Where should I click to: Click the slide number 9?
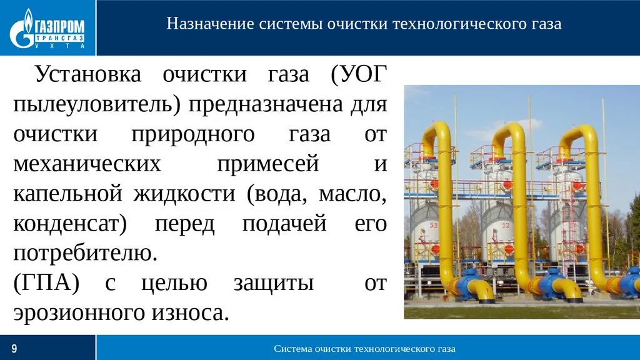point(14,348)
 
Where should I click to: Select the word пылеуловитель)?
point(97,104)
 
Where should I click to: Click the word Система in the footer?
point(294,348)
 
